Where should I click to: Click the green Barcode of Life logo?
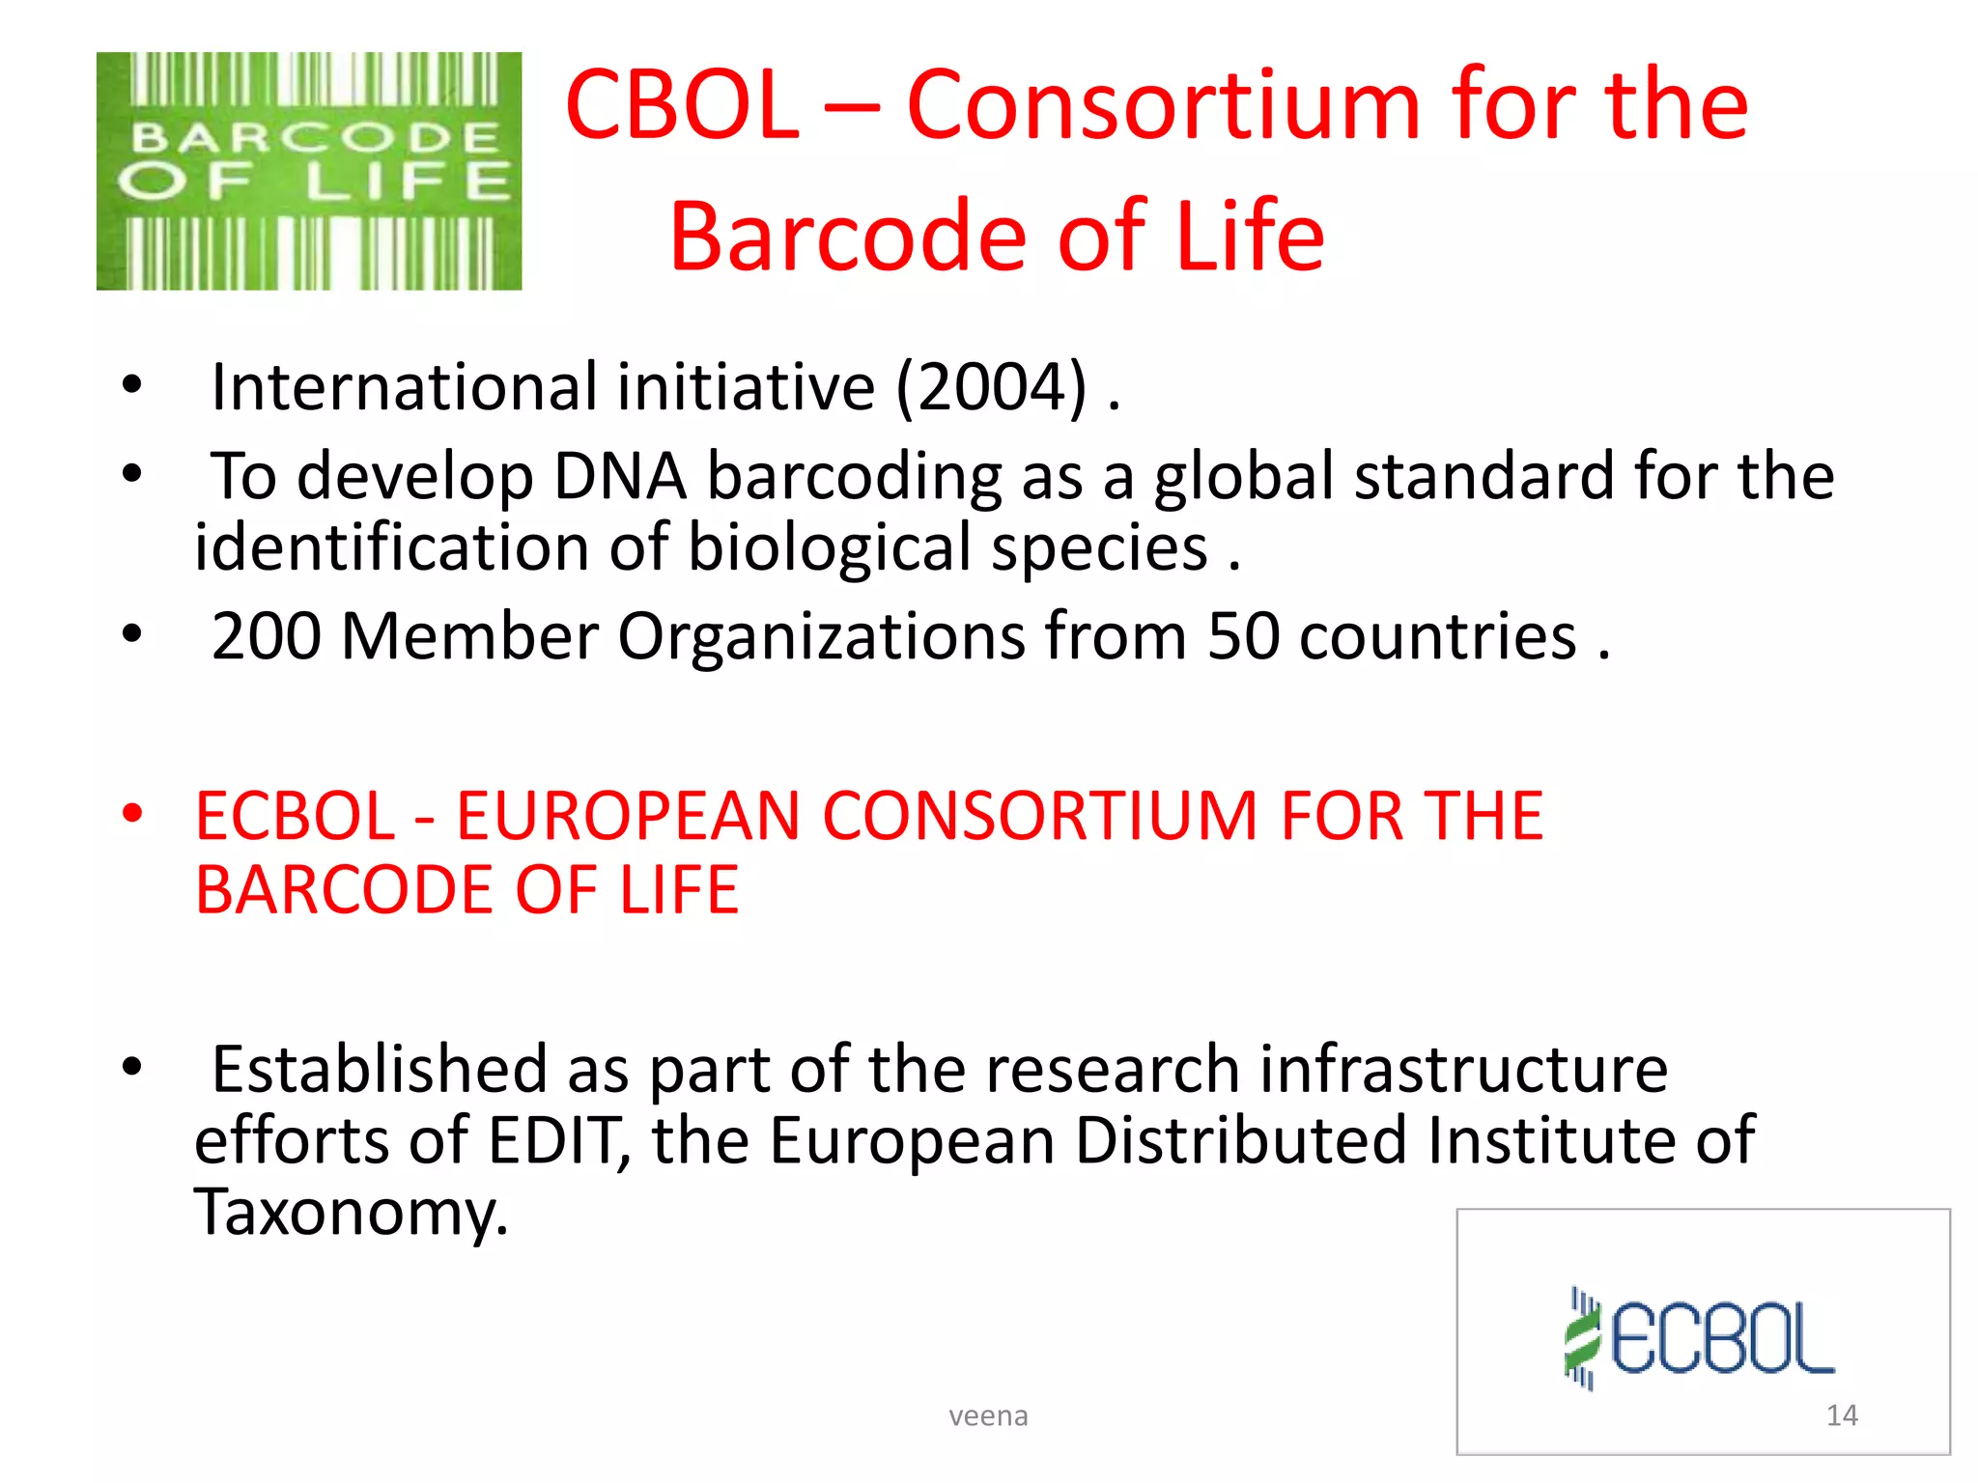309,171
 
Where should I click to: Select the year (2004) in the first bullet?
992,387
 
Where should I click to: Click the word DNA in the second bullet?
619,476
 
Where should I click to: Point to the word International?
405,387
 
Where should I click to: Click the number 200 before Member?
267,636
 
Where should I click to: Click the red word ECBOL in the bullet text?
295,816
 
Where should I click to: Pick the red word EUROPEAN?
628,816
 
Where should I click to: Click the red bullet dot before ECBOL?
132,814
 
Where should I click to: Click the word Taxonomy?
350,1212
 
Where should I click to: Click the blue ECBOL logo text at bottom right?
1723,1339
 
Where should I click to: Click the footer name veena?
988,1415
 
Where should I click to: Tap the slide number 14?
1842,1415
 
